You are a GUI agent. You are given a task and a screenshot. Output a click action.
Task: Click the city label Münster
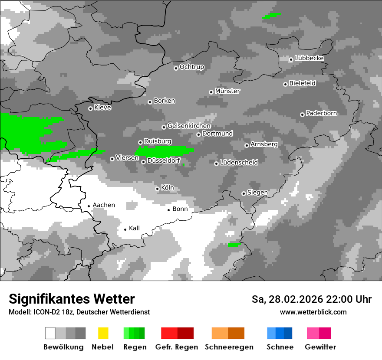click(227, 91)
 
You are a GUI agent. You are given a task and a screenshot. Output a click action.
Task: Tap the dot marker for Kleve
click(90, 108)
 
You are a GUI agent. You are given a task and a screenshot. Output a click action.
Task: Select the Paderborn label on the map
click(321, 113)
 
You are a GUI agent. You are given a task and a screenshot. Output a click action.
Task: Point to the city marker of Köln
click(157, 189)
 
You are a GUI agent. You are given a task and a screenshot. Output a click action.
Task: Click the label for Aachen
click(104, 205)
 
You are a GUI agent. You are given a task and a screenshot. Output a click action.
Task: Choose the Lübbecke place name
click(309, 58)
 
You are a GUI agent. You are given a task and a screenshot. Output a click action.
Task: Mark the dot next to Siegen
click(244, 193)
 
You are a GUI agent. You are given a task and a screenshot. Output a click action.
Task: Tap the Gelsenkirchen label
click(189, 126)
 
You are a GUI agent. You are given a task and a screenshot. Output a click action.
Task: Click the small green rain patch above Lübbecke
click(271, 16)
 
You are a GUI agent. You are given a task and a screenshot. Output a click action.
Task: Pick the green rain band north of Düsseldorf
click(164, 151)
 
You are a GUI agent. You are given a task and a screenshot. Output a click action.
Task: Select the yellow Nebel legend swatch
click(103, 333)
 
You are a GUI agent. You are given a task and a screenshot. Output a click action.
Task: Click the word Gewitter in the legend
click(320, 347)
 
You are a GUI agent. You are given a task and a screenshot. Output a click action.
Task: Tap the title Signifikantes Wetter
click(72, 299)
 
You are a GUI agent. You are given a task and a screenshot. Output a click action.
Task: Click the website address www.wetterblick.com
click(313, 312)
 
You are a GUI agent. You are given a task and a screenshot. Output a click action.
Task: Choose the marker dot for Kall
click(125, 229)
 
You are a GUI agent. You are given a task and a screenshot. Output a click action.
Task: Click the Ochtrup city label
click(191, 67)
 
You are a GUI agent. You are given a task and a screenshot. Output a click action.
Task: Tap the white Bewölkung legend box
click(50, 333)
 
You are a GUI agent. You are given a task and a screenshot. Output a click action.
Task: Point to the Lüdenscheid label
click(239, 162)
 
